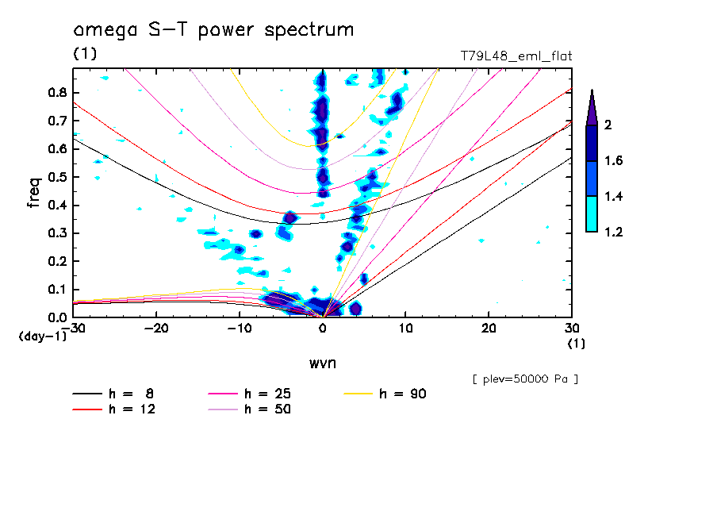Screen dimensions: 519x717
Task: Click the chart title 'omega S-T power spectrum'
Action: click(x=213, y=31)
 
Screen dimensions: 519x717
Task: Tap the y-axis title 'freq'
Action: click(x=34, y=193)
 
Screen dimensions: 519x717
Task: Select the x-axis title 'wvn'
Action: click(x=322, y=363)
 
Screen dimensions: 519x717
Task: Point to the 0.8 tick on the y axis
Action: click(x=56, y=92)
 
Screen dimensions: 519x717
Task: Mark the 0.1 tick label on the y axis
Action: click(x=56, y=290)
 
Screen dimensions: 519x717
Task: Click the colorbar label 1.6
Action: click(x=614, y=161)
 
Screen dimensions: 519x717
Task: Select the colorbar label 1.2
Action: click(x=614, y=232)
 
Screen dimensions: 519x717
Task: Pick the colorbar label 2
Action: click(x=608, y=125)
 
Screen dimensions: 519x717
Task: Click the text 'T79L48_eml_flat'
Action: click(x=516, y=56)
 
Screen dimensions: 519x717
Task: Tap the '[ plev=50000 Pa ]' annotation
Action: click(x=525, y=379)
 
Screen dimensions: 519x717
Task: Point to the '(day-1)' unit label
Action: click(x=41, y=336)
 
